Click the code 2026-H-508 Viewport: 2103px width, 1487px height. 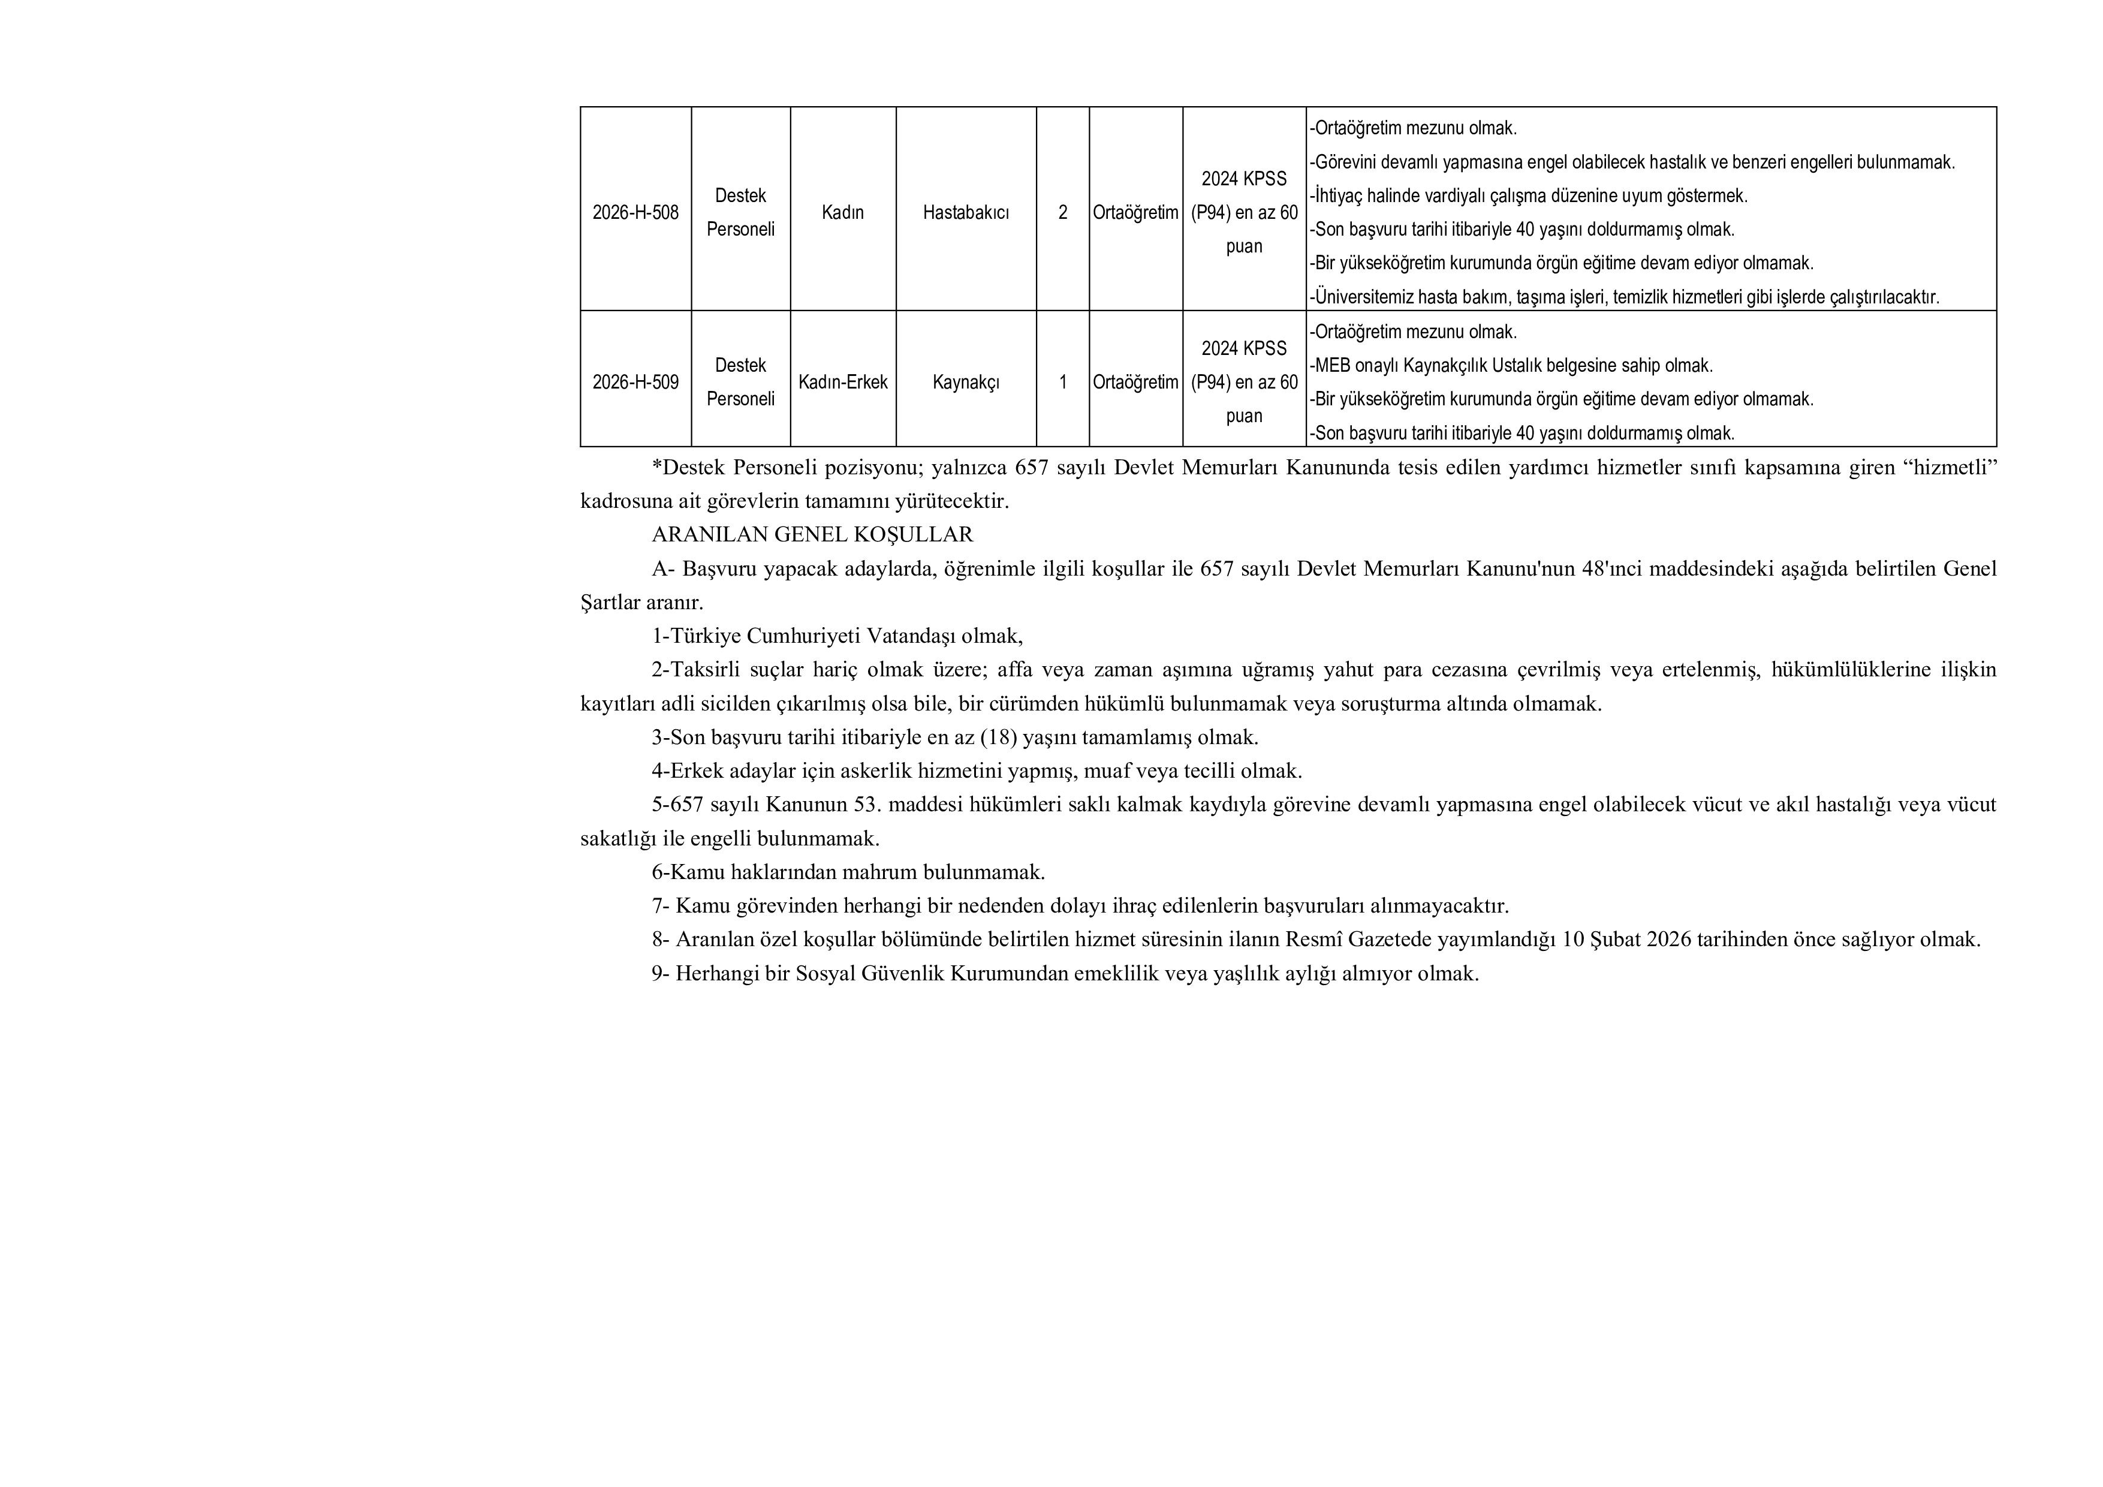click(635, 213)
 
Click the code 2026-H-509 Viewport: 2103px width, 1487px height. click(635, 382)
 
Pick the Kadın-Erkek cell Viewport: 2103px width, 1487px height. click(843, 382)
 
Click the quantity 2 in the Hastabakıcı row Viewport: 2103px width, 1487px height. click(1062, 213)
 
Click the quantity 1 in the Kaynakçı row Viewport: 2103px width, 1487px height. click(1062, 382)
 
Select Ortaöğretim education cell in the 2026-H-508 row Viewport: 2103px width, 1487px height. click(1135, 213)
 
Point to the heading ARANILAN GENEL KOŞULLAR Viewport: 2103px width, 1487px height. click(812, 534)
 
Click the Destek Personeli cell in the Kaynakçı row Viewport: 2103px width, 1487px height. click(740, 382)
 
